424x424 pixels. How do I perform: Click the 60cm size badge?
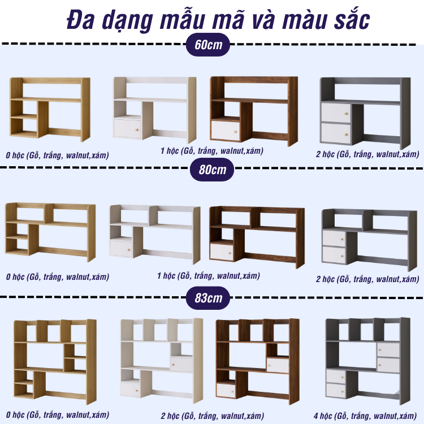pos(208,45)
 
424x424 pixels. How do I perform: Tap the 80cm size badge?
pos(212,170)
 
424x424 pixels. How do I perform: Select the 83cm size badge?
pos(208,298)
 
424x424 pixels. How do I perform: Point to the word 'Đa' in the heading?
pos(80,20)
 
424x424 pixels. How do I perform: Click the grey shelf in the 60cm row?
pos(365,113)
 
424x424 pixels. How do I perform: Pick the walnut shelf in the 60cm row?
pos(254,111)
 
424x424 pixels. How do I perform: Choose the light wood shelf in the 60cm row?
pos(50,109)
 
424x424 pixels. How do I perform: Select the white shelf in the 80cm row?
pos(155,234)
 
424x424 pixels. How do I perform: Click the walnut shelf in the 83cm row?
pos(257,361)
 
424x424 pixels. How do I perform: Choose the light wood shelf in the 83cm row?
pos(55,362)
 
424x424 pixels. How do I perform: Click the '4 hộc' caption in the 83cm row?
pos(365,416)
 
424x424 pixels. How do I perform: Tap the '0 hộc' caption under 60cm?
pos(57,155)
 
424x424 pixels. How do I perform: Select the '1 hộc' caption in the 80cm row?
pos(209,276)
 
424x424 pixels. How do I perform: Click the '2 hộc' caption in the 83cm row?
pos(212,416)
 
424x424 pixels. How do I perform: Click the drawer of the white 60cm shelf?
pos(127,129)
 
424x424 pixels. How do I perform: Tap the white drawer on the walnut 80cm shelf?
pos(222,252)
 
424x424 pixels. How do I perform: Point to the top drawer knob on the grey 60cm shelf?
pos(345,114)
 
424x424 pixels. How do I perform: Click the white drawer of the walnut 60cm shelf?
pos(226,131)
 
